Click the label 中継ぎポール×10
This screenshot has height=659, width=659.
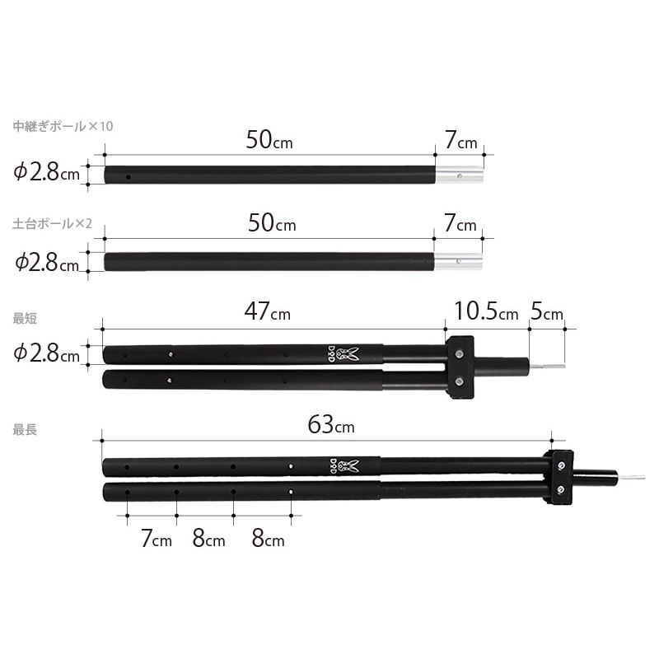point(63,126)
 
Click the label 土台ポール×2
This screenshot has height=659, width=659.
point(52,223)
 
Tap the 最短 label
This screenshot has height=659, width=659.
point(25,318)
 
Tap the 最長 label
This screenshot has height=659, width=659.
point(25,429)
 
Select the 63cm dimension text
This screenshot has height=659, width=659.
point(331,424)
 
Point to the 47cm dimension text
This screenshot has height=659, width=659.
point(268,311)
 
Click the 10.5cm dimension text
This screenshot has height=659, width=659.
point(486,311)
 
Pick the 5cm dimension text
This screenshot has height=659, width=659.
point(547,311)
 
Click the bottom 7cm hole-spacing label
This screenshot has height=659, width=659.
point(157,538)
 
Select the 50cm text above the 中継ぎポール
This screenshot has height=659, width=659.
point(269,139)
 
